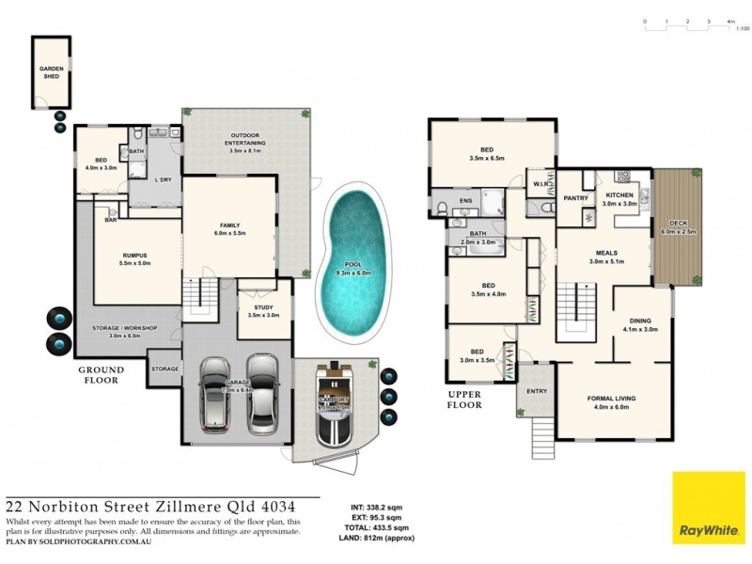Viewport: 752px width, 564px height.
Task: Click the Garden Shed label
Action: point(50,71)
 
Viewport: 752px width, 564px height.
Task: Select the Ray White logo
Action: point(707,508)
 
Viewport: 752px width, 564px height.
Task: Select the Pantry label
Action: point(575,198)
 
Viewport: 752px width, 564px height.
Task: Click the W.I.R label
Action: point(540,184)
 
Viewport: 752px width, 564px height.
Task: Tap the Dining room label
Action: point(643,324)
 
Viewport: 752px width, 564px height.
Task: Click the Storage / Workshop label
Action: point(124,331)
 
